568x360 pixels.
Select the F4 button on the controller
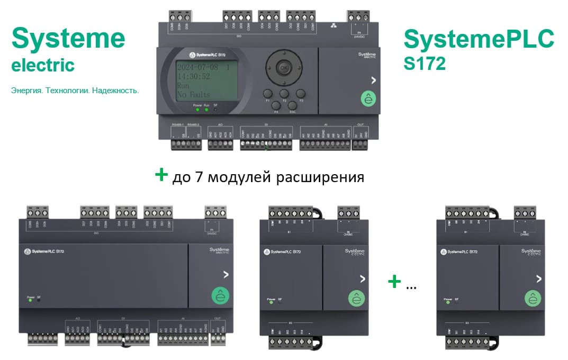276,105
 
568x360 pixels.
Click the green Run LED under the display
206,110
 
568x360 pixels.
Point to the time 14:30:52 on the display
193,76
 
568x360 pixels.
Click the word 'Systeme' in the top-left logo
68,39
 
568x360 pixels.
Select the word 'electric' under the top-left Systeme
43,65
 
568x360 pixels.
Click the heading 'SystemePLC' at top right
479,39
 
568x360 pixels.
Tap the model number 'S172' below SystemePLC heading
424,63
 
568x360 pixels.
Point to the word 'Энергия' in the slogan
26,91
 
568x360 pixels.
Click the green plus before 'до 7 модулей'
161,175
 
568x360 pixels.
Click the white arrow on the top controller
374,80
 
